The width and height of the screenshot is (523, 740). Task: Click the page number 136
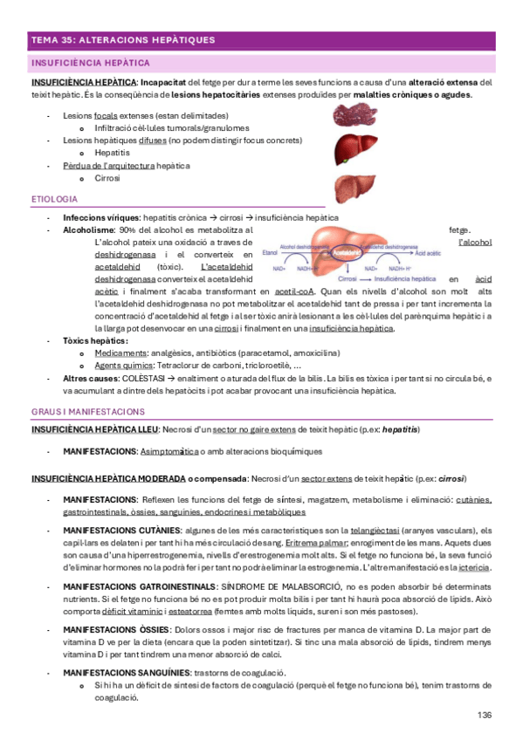click(485, 715)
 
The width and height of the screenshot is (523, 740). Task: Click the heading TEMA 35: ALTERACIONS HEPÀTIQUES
click(122, 41)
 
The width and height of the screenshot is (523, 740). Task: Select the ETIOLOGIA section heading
click(54, 200)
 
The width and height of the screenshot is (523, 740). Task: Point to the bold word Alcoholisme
click(89, 230)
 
